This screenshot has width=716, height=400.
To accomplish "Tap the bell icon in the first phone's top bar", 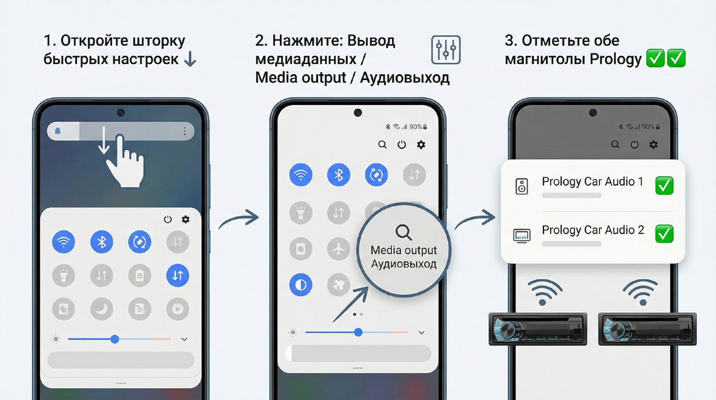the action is [57, 131].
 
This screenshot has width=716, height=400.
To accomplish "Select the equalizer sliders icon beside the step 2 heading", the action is [446, 50].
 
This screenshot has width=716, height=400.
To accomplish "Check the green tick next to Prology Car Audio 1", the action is [664, 186].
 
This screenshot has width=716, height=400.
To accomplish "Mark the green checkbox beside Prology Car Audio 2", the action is [664, 234].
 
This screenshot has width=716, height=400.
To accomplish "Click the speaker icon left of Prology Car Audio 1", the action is [521, 186].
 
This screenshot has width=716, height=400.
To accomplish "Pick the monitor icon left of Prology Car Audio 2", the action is [521, 236].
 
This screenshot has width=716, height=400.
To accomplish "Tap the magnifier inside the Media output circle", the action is [403, 232].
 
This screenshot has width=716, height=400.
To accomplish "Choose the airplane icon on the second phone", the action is [338, 249].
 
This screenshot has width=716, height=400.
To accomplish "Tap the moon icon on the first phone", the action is [101, 309].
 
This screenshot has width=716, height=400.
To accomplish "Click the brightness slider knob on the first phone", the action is [115, 339].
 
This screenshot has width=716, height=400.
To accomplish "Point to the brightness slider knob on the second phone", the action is [359, 333].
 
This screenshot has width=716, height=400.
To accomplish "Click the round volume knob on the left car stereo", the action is [507, 329].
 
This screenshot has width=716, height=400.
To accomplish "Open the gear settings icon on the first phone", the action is [186, 219].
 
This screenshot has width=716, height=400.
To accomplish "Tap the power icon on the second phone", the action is [402, 145].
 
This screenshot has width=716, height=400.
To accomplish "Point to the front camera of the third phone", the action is [593, 113].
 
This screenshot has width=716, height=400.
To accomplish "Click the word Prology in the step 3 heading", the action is [616, 59].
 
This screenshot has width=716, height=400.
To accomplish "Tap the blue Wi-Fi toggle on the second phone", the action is [301, 174].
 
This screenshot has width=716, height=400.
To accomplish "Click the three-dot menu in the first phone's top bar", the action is [184, 131].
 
